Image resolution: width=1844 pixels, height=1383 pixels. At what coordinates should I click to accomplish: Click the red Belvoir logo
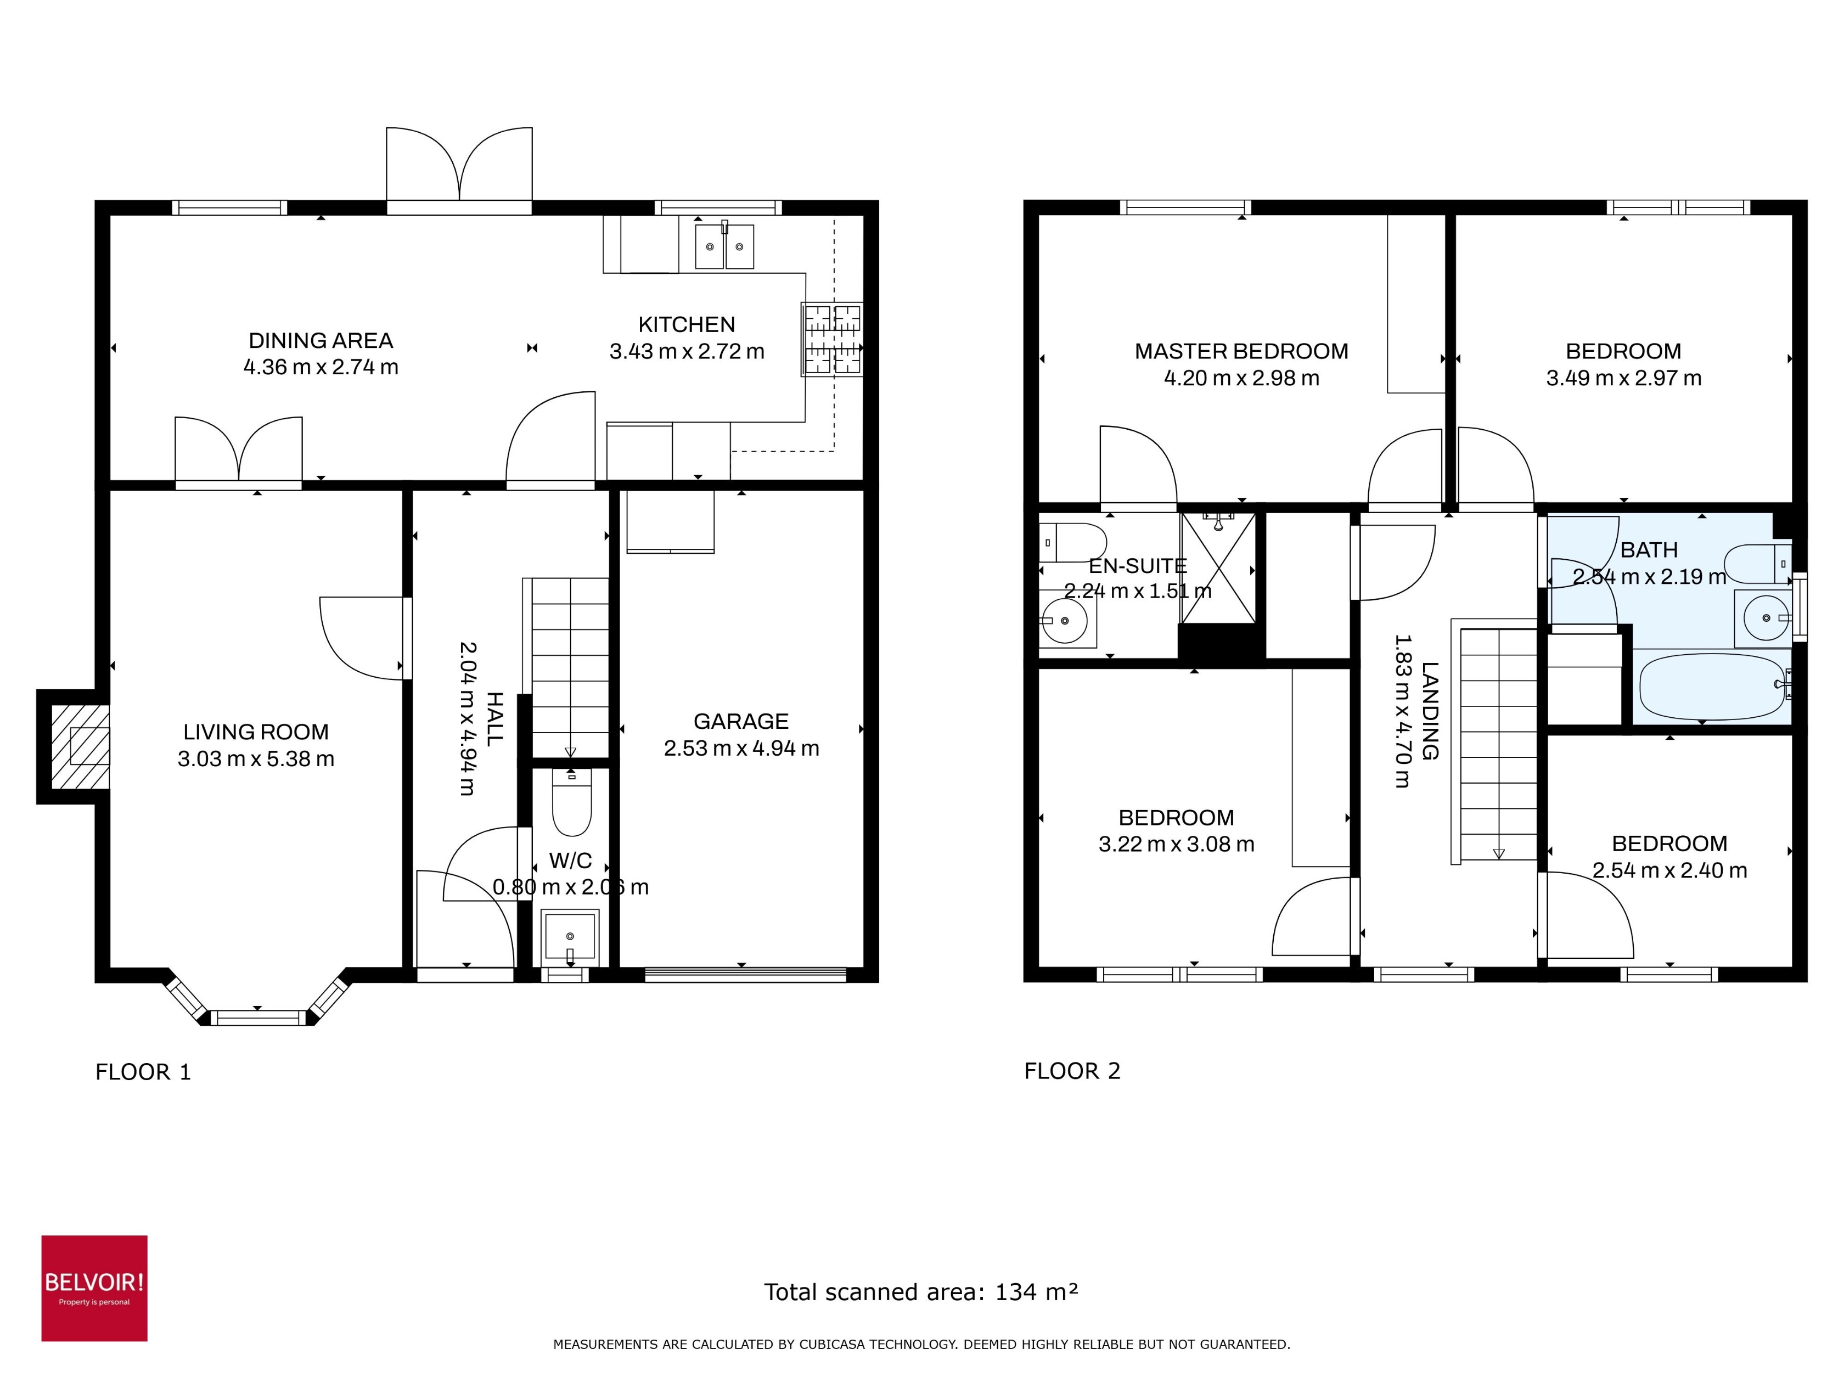point(94,1288)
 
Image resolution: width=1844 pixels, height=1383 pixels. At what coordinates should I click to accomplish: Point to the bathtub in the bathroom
point(1711,687)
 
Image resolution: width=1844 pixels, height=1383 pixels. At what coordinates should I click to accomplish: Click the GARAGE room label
point(740,721)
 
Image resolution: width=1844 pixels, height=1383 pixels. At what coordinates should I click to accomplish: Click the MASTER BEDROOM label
point(1240,351)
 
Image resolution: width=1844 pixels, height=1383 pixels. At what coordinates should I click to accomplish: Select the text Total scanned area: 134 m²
point(921,1292)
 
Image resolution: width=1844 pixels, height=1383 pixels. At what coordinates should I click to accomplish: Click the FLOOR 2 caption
point(1072,1071)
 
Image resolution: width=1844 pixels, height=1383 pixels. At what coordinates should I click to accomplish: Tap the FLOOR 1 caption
point(143,1072)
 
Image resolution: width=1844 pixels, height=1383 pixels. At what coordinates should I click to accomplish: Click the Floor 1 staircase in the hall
point(570,667)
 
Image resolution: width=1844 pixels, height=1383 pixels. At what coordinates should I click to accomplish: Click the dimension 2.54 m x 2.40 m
point(1669,870)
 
